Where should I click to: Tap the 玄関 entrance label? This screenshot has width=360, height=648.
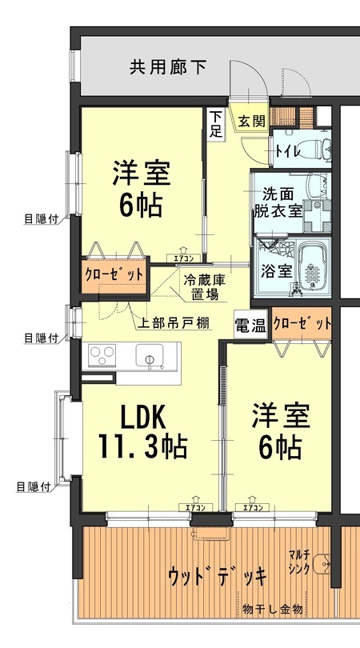[250, 122]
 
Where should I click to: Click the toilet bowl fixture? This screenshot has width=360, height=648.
[319, 148]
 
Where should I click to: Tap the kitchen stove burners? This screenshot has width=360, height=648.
[103, 354]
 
